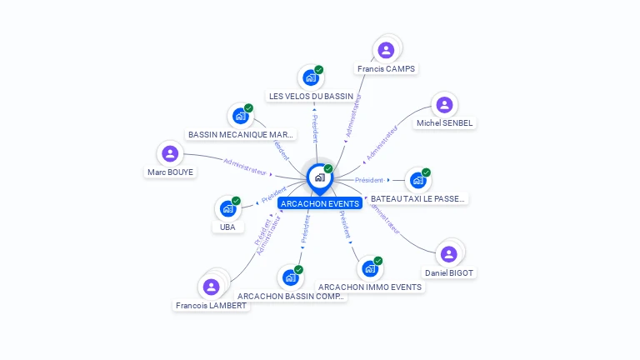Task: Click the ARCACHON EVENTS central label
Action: [320, 203]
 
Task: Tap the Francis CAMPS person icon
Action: [386, 50]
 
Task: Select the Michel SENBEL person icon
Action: [444, 105]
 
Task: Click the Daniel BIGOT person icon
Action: [449, 254]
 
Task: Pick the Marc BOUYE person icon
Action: [170, 153]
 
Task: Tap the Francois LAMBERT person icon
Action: [212, 287]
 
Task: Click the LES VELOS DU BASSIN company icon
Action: [311, 77]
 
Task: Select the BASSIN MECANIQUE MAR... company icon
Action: [241, 116]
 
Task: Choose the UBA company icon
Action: [227, 208]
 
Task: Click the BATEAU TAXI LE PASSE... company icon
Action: [418, 180]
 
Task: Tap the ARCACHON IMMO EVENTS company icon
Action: [370, 268]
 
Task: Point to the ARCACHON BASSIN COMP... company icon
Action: [291, 277]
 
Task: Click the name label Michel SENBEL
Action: [444, 123]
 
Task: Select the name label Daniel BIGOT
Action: [449, 272]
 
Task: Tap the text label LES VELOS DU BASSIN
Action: [311, 96]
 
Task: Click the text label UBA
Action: [227, 227]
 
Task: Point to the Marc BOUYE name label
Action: [170, 172]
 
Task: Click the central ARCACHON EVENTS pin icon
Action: [319, 177]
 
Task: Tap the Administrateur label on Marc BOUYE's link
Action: [245, 167]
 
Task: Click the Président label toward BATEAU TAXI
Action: [369, 180]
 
